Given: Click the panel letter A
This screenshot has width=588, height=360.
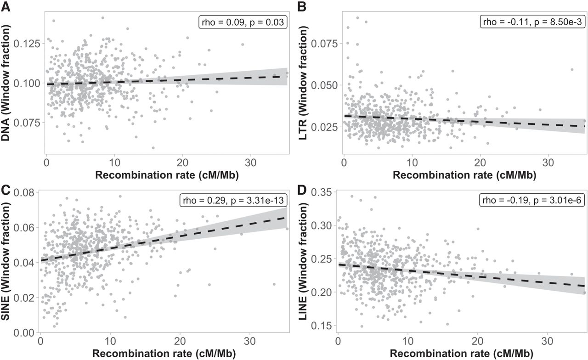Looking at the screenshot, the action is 6,6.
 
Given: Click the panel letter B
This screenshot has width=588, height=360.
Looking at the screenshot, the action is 302,6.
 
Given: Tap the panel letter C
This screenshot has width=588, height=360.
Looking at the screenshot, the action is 6,190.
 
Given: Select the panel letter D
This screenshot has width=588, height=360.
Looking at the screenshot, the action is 302,190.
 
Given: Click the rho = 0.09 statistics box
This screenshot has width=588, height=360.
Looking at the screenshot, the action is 243,22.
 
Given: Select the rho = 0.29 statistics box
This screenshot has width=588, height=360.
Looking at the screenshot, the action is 233,201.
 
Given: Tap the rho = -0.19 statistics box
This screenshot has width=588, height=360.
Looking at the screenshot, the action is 532,201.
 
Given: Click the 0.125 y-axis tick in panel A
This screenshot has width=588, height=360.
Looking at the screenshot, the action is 27,44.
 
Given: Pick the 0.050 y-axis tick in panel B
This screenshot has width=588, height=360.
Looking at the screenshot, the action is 325,85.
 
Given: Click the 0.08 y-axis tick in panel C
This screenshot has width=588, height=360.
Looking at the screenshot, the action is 24,192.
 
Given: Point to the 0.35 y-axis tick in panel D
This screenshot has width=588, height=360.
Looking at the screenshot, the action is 322,192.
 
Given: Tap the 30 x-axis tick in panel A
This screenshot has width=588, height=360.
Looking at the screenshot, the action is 250,163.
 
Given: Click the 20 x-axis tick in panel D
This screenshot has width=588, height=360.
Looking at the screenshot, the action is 478,341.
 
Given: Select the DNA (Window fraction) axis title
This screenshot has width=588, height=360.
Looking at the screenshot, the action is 5,83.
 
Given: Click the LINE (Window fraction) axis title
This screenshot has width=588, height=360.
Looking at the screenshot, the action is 303,261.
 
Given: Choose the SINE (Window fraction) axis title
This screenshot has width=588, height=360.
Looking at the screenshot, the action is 5,261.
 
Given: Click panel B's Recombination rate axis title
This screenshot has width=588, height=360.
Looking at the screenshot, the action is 464,175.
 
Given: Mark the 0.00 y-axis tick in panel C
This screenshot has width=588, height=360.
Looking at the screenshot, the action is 24,333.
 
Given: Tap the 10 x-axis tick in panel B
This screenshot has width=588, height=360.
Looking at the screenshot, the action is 412,163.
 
